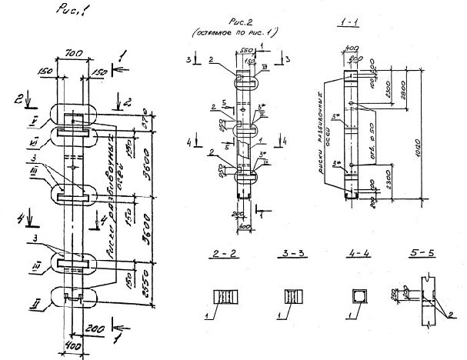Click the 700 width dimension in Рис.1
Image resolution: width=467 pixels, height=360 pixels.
pos(75,56)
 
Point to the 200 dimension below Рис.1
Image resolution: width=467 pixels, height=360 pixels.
pos(95,328)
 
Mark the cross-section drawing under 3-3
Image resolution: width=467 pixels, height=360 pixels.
pos(292,297)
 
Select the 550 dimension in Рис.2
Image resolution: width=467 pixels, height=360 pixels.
pos(240,59)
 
